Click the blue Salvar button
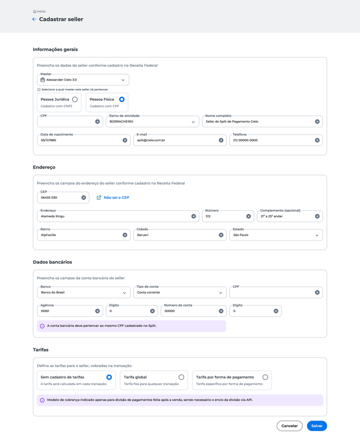316,426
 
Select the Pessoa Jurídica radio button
75,99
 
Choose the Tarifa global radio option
181,377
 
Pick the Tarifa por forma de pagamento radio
265,377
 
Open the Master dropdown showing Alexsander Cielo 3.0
83,80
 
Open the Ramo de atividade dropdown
152,122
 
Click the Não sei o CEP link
116,198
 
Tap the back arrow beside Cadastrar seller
34,19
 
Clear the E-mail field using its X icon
221,140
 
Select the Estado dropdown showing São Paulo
276,235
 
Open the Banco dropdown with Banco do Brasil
83,293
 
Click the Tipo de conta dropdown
179,293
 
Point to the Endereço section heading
44,167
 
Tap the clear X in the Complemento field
317,216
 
